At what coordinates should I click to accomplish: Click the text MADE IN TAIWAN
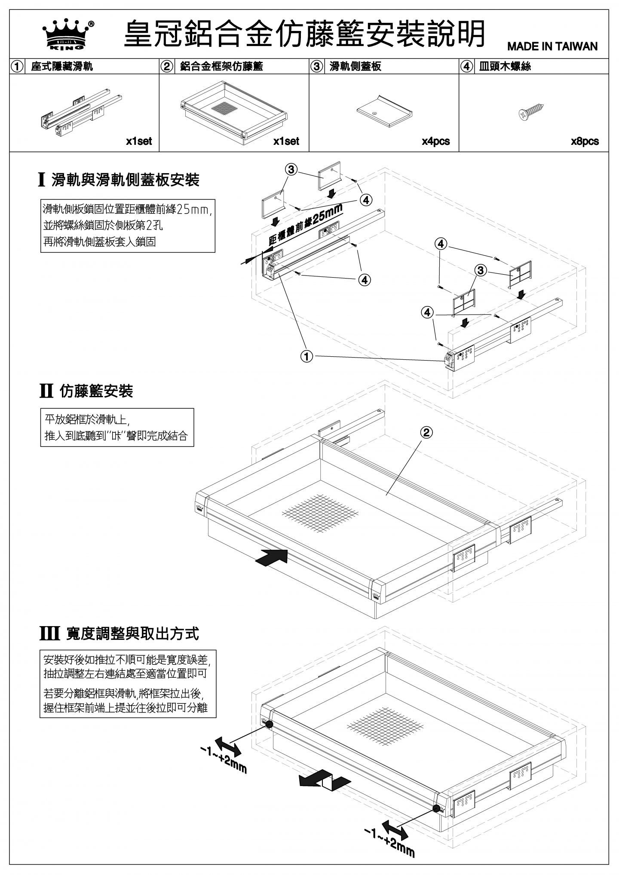coord(552,46)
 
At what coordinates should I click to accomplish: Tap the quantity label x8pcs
coord(585,141)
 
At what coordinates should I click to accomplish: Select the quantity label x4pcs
coord(435,141)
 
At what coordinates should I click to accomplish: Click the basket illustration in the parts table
coord(233,112)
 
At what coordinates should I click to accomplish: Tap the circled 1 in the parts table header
coord(18,67)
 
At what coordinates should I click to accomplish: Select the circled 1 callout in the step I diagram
coord(307,357)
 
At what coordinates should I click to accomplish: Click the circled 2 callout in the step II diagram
coord(426,432)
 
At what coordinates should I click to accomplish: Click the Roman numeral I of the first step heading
coord(42,180)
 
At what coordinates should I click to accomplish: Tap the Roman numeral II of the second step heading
coord(46,391)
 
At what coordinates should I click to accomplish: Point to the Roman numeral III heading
coord(49,633)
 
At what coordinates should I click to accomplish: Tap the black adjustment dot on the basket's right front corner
coord(436,808)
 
